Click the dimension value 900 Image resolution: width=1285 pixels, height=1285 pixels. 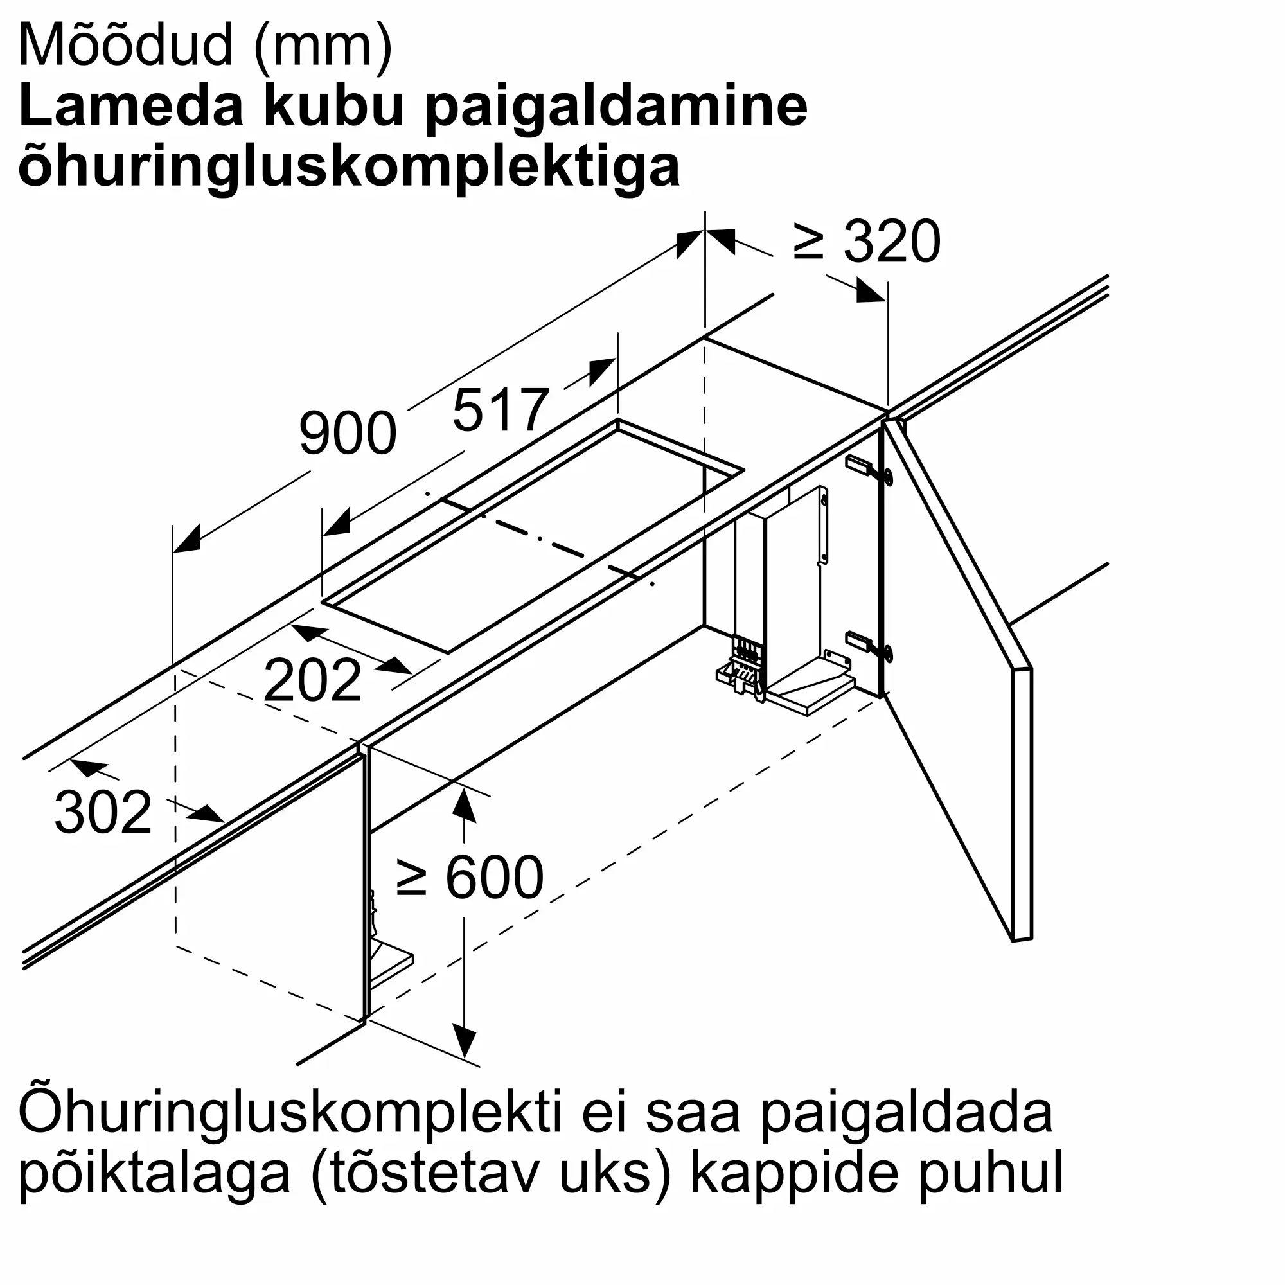[x=348, y=434]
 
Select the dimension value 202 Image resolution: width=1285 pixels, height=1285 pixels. [x=313, y=680]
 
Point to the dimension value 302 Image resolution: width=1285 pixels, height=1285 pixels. [x=103, y=812]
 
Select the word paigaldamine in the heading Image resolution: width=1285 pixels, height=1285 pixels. [x=616, y=107]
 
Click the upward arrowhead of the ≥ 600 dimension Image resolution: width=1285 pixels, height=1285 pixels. [x=464, y=806]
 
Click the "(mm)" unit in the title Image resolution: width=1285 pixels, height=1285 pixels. [x=324, y=45]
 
